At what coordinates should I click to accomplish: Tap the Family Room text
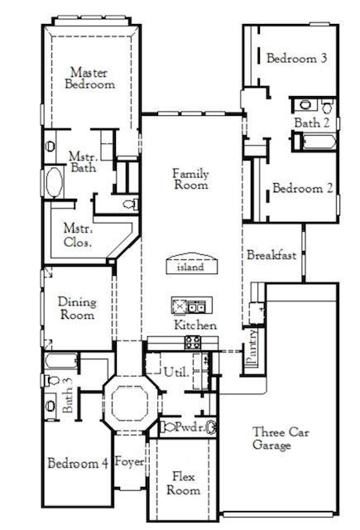click(x=190, y=180)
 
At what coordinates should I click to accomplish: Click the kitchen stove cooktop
click(x=192, y=341)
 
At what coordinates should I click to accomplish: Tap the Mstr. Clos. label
click(x=78, y=235)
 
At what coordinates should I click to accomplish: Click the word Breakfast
click(x=271, y=256)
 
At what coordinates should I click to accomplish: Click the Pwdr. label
click(x=188, y=427)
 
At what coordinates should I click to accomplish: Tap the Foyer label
click(x=129, y=461)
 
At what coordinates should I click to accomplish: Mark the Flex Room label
click(x=183, y=484)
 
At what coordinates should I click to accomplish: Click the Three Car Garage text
click(x=272, y=439)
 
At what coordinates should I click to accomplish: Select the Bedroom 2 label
click(x=303, y=189)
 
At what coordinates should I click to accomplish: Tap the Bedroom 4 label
click(x=78, y=463)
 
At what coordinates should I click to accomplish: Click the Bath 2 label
click(x=313, y=123)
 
